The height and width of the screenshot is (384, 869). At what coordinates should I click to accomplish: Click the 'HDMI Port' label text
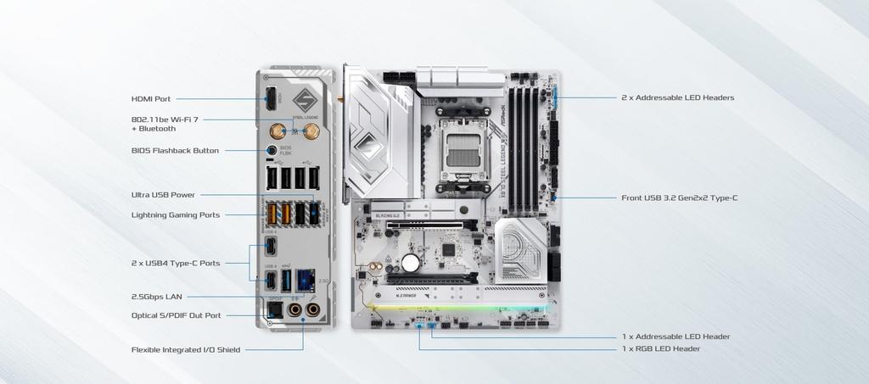point(150,98)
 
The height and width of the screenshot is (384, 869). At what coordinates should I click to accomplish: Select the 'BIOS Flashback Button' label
point(175,150)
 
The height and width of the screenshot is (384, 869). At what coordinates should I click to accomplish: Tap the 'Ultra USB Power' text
point(163,194)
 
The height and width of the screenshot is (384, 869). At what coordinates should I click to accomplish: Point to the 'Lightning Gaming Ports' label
point(176,214)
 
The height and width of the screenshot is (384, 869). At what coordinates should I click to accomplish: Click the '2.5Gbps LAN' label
point(156,297)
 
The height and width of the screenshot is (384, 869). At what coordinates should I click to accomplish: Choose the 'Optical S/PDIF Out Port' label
point(176,315)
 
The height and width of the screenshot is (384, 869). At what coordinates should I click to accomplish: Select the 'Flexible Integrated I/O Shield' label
point(185,348)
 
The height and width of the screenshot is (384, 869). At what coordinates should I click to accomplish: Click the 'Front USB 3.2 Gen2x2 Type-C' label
point(679,198)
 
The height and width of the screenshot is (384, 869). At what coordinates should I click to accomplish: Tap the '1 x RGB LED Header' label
point(661,348)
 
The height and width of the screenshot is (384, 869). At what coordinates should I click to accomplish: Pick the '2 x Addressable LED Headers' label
point(677,97)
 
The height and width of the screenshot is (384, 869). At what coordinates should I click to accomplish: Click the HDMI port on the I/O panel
point(270,98)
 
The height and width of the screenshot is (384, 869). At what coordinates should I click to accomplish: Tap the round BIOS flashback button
point(272,150)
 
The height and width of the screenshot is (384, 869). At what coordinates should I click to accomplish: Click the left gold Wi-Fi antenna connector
point(277,131)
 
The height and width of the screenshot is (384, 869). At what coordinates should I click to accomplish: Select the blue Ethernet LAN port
point(306,281)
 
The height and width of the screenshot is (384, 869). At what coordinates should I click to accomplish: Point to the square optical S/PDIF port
point(273,311)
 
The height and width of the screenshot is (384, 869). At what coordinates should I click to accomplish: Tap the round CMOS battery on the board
point(411,262)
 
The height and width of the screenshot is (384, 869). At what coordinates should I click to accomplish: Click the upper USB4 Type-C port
point(271,246)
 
